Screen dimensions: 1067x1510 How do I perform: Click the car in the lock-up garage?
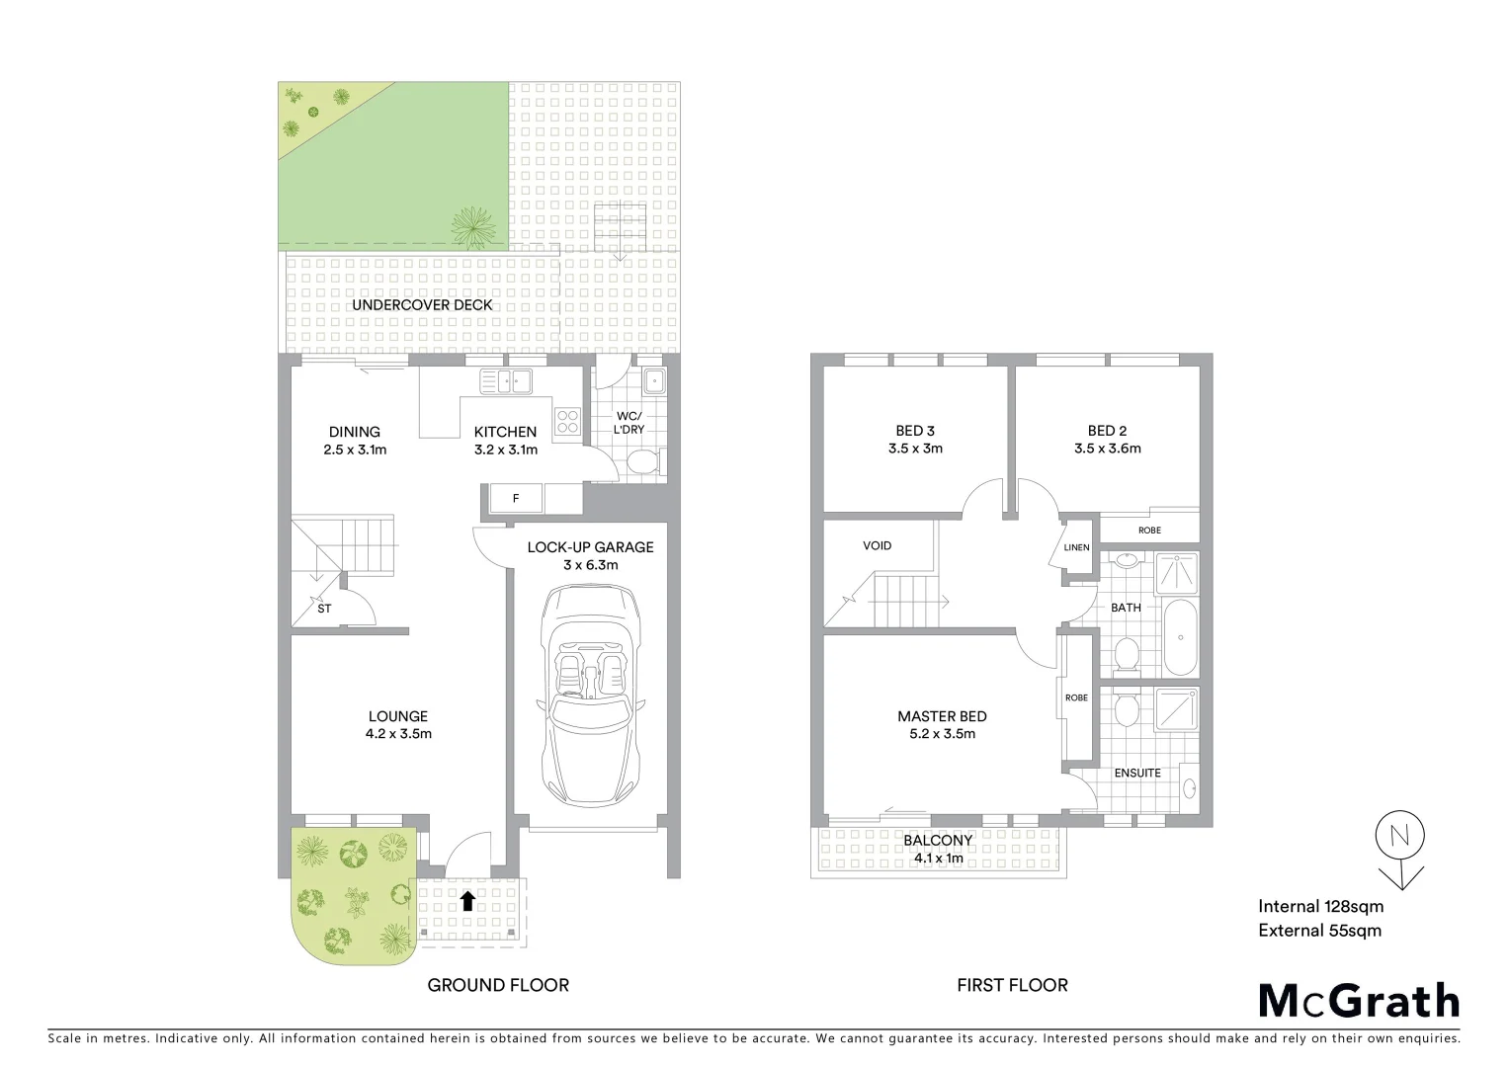590,696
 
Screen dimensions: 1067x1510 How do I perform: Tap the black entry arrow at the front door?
467,900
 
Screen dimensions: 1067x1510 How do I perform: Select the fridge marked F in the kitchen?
515,499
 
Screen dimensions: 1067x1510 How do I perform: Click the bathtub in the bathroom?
1180,636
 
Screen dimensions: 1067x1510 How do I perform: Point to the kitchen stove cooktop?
567,422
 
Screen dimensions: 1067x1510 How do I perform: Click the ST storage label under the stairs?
324,609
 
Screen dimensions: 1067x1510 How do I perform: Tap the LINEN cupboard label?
1076,547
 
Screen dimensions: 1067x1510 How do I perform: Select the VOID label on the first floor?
877,545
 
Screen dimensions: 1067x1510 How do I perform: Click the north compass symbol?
1399,836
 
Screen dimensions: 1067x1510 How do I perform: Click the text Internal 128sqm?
1320,906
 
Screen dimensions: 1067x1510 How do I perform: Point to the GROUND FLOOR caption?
498,985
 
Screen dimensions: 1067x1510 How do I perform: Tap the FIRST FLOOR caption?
1012,985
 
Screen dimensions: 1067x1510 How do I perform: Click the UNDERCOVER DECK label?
422,305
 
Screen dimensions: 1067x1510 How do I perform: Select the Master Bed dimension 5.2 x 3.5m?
942,734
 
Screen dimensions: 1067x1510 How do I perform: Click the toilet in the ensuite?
1124,708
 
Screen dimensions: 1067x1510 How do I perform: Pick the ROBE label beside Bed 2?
1149,531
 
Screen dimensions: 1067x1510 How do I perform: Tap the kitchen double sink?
505,380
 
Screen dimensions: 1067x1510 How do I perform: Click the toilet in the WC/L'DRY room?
642,462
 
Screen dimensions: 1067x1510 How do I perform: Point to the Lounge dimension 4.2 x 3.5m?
398,734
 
